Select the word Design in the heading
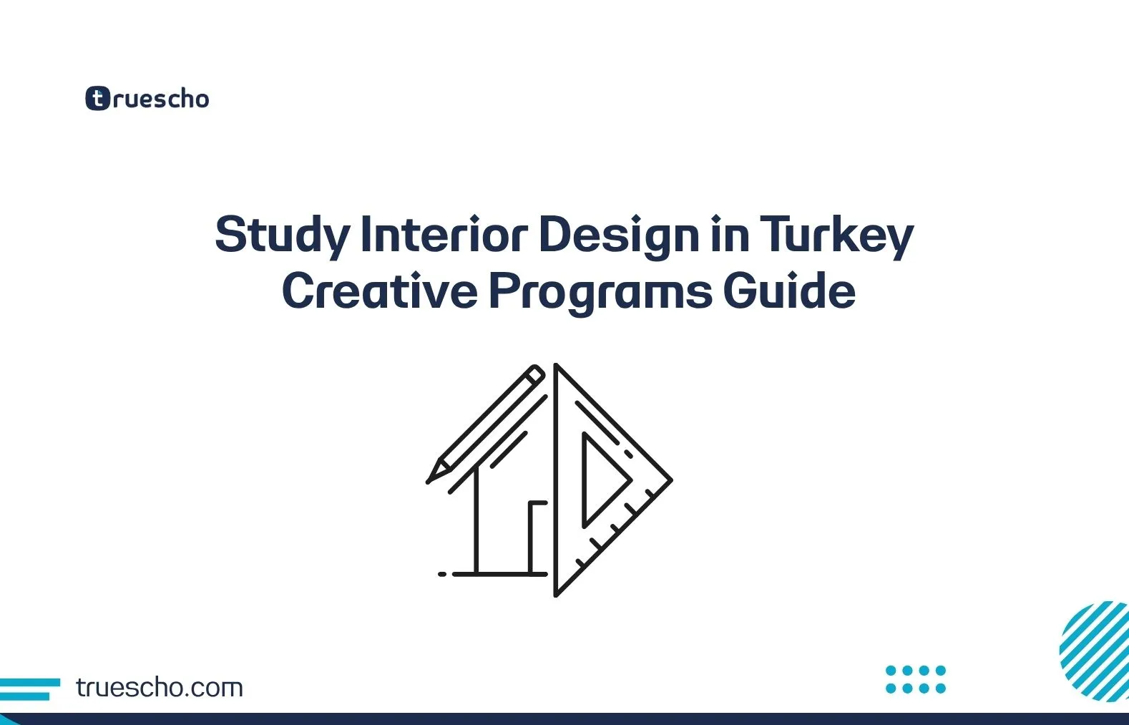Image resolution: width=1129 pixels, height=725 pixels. tap(619, 235)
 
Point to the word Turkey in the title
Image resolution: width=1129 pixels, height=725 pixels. tap(836, 235)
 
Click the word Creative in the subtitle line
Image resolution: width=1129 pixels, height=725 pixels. tap(379, 291)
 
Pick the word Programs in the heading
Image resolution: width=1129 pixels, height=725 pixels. tap(600, 291)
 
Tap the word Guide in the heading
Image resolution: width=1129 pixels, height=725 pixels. tap(789, 291)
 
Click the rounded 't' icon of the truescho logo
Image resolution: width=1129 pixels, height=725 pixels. tap(97, 98)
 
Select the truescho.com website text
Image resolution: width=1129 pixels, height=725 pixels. tap(159, 688)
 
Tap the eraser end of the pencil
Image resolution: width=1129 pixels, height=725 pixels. tap(535, 374)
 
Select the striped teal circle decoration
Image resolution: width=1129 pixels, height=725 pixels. tap(1095, 651)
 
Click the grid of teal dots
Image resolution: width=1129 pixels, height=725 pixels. tap(915, 679)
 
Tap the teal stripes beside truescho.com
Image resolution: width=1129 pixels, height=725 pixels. tap(29, 688)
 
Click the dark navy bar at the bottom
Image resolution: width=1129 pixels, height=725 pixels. tap(564, 719)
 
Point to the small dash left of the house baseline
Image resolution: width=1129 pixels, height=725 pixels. tap(442, 574)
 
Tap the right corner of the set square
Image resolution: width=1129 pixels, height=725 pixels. tap(668, 480)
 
